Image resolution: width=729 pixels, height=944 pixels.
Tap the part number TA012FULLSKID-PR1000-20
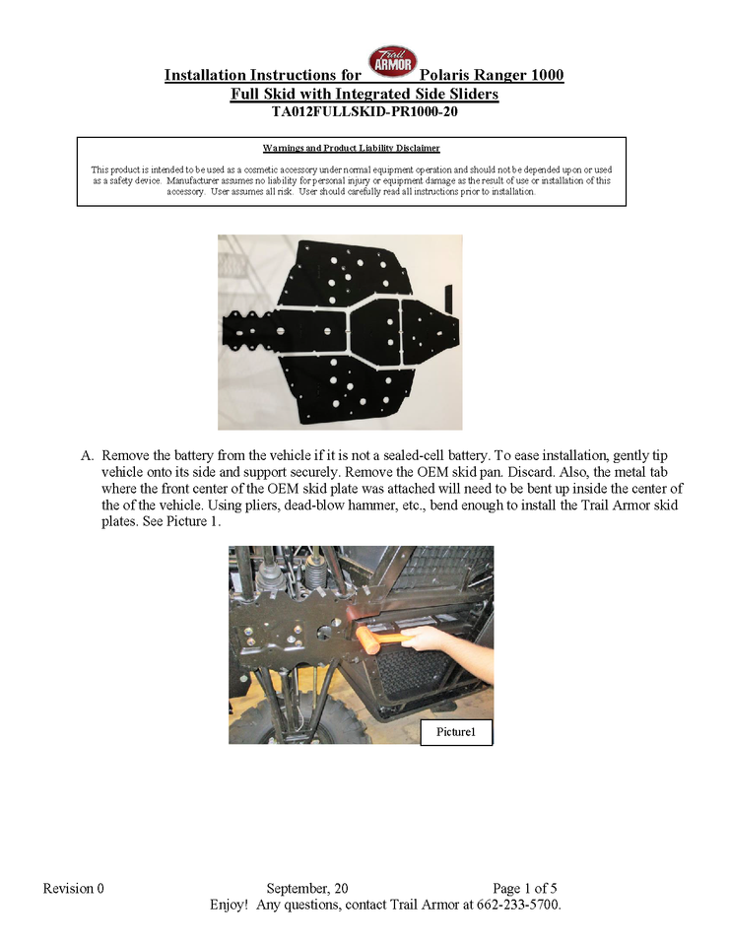(x=364, y=112)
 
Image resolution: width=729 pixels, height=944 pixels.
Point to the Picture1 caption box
(x=455, y=732)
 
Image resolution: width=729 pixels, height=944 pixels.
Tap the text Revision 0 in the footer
(x=74, y=888)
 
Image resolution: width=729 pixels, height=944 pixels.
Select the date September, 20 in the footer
(x=306, y=888)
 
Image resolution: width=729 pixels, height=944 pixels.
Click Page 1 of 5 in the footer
(x=531, y=888)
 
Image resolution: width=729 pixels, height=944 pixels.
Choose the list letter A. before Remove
(x=87, y=457)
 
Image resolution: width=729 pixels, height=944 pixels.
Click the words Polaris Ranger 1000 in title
(x=492, y=76)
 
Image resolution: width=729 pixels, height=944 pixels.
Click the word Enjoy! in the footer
(x=229, y=904)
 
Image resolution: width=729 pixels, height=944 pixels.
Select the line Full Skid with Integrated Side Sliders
(x=364, y=95)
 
